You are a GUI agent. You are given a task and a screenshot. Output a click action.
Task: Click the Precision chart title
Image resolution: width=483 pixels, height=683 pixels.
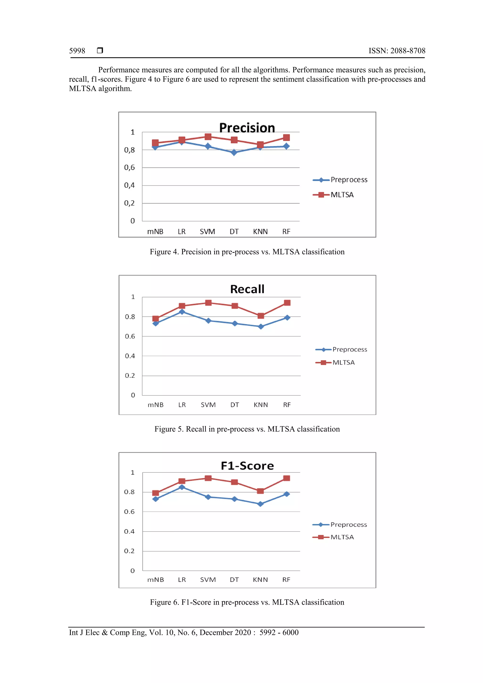pyautogui.click(x=247, y=128)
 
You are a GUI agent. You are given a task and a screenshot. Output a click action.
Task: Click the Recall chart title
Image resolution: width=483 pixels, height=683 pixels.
pyautogui.click(x=247, y=289)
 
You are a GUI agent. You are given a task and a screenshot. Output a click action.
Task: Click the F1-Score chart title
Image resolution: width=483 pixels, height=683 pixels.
pyautogui.click(x=247, y=466)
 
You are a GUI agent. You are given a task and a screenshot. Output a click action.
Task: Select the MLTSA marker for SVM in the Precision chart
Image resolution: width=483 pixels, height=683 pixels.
pyautogui.click(x=208, y=137)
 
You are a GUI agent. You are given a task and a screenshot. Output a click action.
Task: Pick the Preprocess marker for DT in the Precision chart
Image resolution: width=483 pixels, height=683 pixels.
pyautogui.click(x=234, y=152)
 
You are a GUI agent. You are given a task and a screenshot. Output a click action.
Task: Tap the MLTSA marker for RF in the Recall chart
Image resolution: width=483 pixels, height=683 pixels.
pyautogui.click(x=287, y=303)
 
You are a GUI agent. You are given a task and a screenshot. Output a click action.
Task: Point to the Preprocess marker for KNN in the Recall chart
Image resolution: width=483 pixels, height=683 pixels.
pyautogui.click(x=261, y=327)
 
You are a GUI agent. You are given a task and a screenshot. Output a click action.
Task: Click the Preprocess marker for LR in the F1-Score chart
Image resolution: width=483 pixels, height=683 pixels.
pyautogui.click(x=182, y=487)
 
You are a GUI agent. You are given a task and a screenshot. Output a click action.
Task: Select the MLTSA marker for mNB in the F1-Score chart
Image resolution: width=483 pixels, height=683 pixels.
pyautogui.click(x=155, y=493)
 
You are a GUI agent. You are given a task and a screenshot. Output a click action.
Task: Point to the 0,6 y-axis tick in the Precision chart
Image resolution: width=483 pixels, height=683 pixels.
pyautogui.click(x=129, y=167)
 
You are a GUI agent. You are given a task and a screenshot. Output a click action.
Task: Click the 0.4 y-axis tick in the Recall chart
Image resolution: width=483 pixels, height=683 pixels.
pyautogui.click(x=130, y=356)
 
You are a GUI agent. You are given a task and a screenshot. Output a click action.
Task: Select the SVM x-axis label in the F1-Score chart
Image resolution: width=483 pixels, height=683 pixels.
pyautogui.click(x=208, y=580)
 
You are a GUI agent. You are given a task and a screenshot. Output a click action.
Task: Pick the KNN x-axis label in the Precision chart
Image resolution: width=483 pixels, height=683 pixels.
pyautogui.click(x=260, y=232)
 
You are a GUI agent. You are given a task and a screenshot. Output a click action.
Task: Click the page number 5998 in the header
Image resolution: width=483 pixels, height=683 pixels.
pyautogui.click(x=77, y=51)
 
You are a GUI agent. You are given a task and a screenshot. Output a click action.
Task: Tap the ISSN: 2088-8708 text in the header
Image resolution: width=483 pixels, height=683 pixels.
pyautogui.click(x=397, y=51)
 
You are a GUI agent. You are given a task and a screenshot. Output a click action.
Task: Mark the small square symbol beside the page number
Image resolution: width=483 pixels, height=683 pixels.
pyautogui.click(x=100, y=50)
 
